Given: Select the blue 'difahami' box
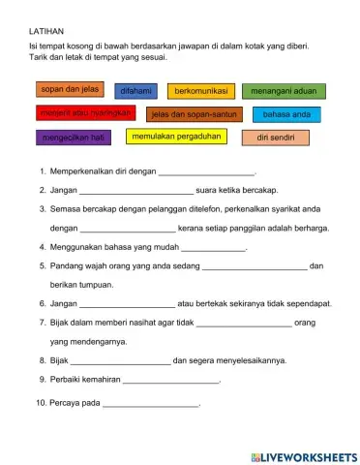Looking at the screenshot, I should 135,91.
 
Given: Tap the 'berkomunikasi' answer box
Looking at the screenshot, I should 201,91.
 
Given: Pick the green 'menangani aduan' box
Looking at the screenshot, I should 284,91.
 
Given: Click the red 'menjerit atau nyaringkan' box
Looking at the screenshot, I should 84,113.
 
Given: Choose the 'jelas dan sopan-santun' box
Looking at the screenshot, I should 195,114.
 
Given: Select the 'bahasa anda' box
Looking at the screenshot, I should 286,114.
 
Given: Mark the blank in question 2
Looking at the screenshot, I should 135,191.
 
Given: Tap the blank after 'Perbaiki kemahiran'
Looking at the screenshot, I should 172,380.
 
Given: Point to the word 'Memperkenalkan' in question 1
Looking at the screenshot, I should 86,171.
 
